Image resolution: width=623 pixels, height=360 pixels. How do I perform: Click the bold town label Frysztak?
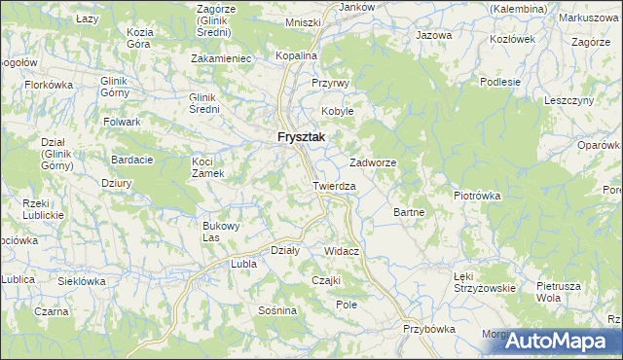pyautogui.click(x=300, y=138)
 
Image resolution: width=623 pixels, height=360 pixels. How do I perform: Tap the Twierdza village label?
pyautogui.click(x=334, y=185)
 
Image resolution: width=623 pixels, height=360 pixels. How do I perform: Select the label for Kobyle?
pyautogui.click(x=338, y=111)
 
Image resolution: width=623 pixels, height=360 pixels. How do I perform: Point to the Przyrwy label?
pyautogui.click(x=330, y=84)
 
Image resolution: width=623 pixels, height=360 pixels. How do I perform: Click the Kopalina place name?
pyautogui.click(x=297, y=56)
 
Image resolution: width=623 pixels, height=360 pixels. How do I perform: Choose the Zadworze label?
pyautogui.click(x=373, y=163)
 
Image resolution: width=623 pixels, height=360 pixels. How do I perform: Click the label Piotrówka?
pyautogui.click(x=477, y=196)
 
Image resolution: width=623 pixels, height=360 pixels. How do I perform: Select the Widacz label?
pyautogui.click(x=343, y=251)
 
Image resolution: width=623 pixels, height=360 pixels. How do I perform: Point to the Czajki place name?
pyautogui.click(x=324, y=280)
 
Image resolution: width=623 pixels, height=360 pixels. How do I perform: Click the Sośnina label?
pyautogui.click(x=276, y=310)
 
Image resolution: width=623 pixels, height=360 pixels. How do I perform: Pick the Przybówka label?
pyautogui.click(x=429, y=329)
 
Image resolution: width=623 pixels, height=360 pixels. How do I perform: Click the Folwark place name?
pyautogui.click(x=124, y=122)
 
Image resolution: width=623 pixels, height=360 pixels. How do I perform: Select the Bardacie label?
pyautogui.click(x=130, y=160)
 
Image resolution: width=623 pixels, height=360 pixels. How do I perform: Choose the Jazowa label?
pyautogui.click(x=434, y=35)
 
